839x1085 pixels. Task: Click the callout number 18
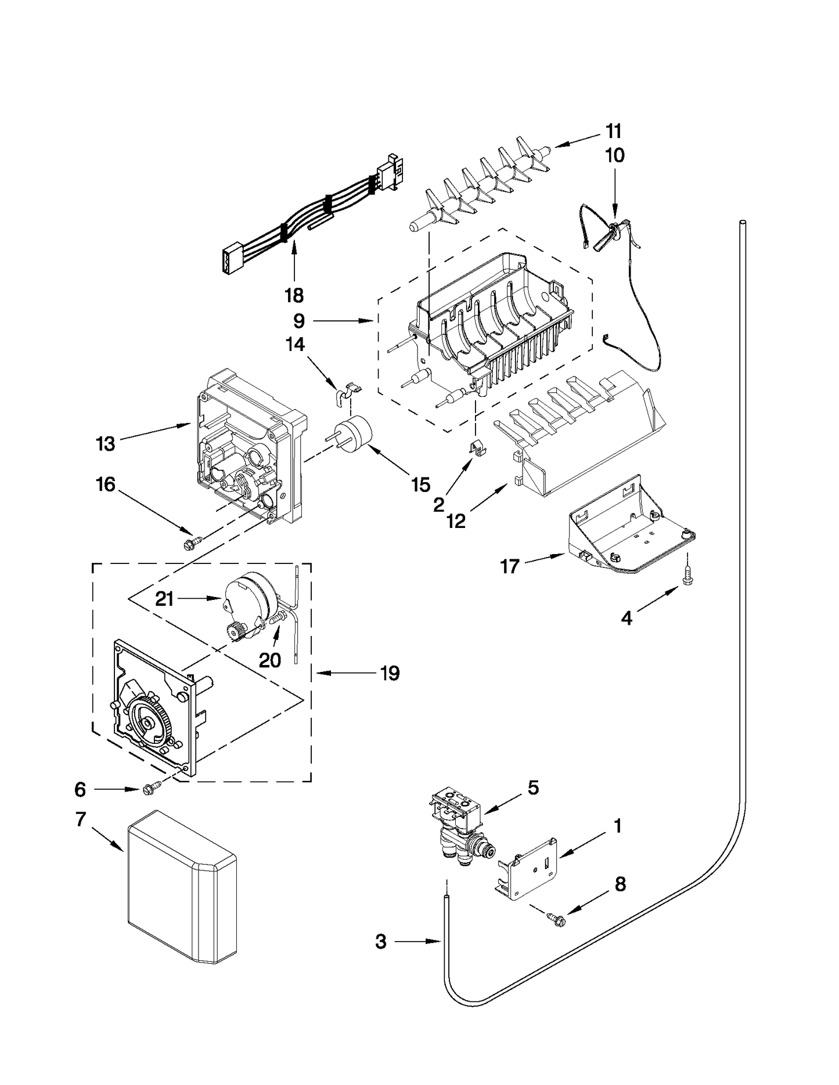294,295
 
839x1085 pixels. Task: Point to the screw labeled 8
556,917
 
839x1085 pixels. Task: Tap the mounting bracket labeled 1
528,867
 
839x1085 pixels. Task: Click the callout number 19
390,674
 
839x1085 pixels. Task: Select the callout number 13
106,444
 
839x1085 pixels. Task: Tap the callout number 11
614,131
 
